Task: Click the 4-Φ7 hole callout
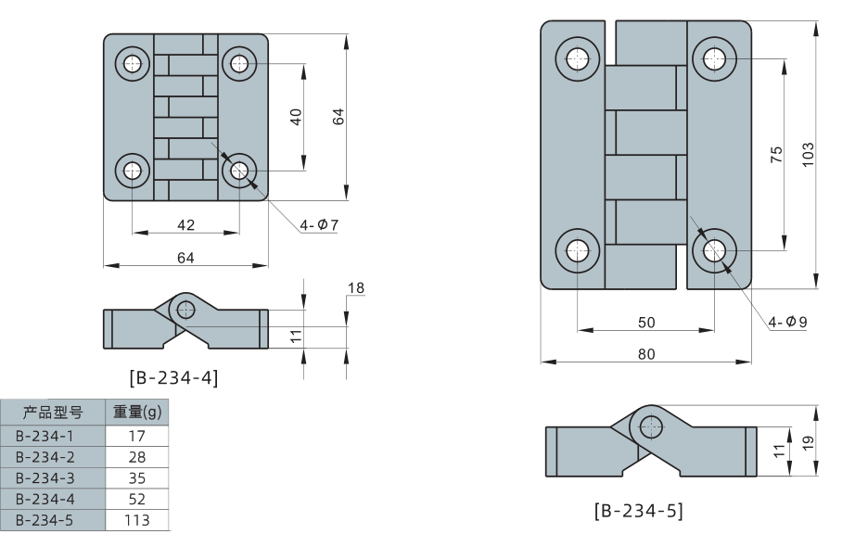319,223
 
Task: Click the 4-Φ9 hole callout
788,322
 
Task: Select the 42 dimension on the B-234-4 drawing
185,223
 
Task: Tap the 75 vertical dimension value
776,154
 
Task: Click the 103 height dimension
808,154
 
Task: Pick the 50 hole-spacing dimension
646,322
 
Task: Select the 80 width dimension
646,353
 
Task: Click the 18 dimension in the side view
355,289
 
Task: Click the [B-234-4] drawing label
173,377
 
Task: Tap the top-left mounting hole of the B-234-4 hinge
133,63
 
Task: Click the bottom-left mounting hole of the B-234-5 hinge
578,250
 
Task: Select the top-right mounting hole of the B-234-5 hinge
715,58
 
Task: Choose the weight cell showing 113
138,520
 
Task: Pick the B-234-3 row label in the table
44,477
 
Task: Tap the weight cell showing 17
138,435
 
